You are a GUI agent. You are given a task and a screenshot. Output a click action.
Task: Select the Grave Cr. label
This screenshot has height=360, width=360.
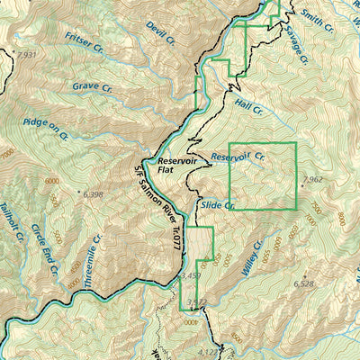(x=92, y=88)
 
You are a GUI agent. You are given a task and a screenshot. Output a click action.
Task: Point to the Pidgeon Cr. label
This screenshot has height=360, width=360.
(x=46, y=129)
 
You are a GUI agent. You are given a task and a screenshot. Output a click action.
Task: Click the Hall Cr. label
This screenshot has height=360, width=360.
(x=248, y=107)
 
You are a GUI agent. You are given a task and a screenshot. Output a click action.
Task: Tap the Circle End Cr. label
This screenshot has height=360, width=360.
(x=44, y=252)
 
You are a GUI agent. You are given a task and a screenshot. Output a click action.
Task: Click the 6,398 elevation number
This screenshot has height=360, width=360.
(x=93, y=193)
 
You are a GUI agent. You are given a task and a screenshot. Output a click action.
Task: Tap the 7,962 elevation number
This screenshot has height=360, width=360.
(x=313, y=180)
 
